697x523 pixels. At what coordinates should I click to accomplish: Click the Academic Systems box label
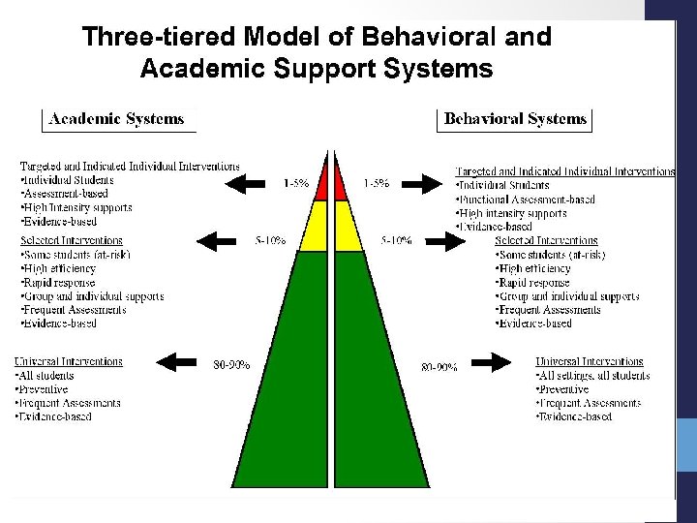117,120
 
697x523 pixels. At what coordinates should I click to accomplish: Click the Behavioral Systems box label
516,120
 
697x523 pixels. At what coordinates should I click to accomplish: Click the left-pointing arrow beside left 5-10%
217,239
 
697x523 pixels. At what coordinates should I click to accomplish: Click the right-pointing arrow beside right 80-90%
500,365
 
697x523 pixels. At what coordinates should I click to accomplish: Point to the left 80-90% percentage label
231,365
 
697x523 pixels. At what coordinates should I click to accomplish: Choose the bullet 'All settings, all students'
591,376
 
